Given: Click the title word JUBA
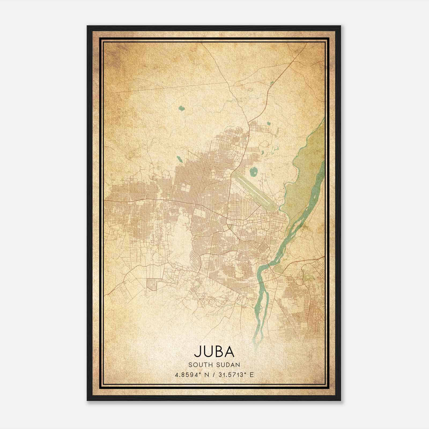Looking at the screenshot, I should (x=214, y=352).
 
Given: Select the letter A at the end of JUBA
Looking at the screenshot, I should (x=230, y=352).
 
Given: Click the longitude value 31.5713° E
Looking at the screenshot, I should (x=236, y=375).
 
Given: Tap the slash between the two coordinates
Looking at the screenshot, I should (x=214, y=375).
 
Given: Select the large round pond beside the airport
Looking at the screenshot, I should (x=253, y=172).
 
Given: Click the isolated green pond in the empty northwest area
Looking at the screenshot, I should (x=182, y=109).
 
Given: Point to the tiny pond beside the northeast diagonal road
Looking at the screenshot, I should (x=272, y=83).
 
